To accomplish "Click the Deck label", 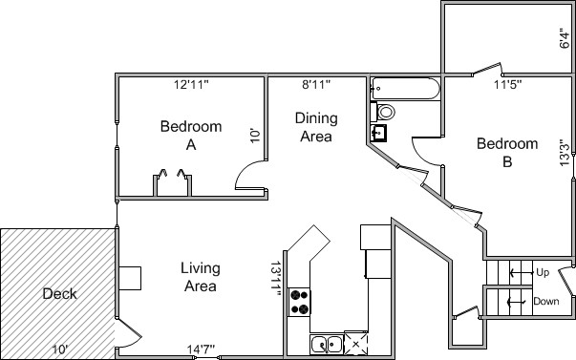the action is pyautogui.click(x=59, y=294).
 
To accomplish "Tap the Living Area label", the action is pyautogui.click(x=201, y=277).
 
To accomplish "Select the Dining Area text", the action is pyautogui.click(x=316, y=127).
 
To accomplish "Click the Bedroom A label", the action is pyautogui.click(x=191, y=136).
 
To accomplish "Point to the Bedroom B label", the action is pyautogui.click(x=507, y=153).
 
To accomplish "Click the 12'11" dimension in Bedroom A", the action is pyautogui.click(x=191, y=85).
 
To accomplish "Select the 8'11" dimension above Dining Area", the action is pyautogui.click(x=316, y=85).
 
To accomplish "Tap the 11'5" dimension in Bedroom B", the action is pyautogui.click(x=507, y=85).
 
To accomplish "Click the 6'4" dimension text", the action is pyautogui.click(x=565, y=38).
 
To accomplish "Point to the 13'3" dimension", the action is pyautogui.click(x=565, y=153).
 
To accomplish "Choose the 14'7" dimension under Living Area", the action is pyautogui.click(x=201, y=349).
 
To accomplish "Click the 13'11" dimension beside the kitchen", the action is pyautogui.click(x=276, y=279).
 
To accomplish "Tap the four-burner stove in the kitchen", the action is pyautogui.click(x=299, y=302).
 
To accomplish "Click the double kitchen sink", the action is pyautogui.click(x=326, y=345).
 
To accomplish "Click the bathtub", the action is pyautogui.click(x=406, y=89).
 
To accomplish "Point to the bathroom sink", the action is pyautogui.click(x=378, y=133).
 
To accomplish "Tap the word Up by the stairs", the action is pyautogui.click(x=543, y=272).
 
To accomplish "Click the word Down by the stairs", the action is pyautogui.click(x=546, y=302).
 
